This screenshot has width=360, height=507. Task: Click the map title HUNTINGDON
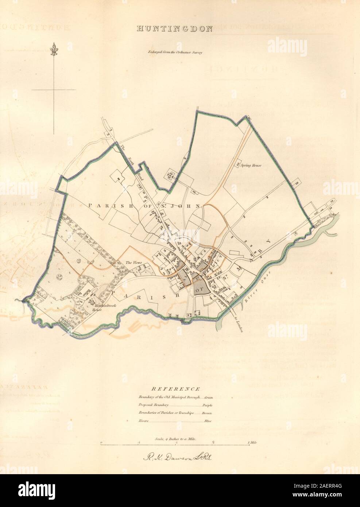[174, 30]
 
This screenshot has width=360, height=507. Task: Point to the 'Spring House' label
[252, 165]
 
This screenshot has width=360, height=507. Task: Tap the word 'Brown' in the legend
[207, 413]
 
